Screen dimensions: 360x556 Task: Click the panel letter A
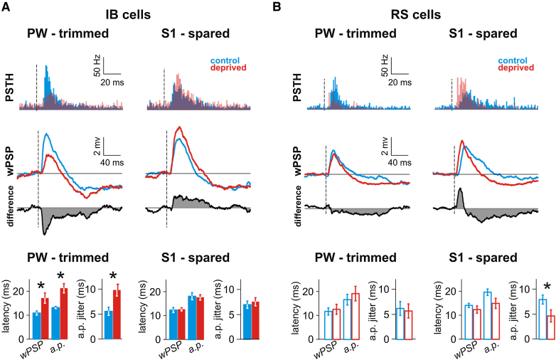pos(6,9)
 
